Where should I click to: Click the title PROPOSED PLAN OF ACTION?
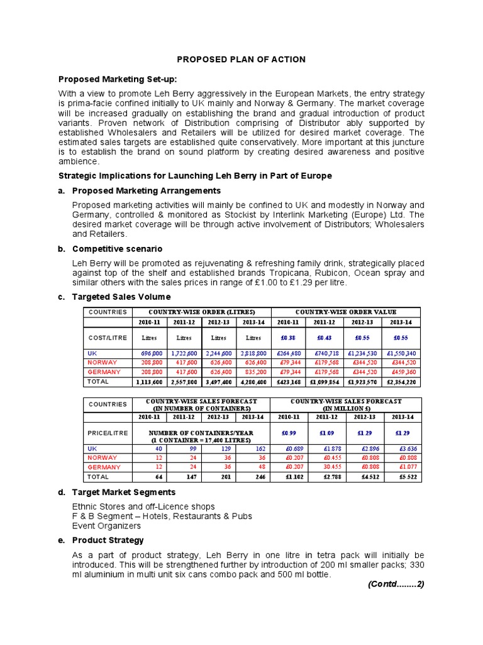tap(241, 59)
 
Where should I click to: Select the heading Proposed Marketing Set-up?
tap(118, 79)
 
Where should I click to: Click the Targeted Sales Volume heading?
tap(121, 297)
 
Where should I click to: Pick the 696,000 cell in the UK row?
tap(148, 353)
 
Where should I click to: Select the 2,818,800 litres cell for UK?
tap(253, 353)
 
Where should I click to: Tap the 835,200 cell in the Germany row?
tap(253, 372)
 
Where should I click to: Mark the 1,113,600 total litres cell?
tap(148, 382)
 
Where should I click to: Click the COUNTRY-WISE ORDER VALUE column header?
tap(346, 312)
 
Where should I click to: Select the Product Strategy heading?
tap(108, 540)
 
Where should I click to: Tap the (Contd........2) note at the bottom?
tap(396, 584)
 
